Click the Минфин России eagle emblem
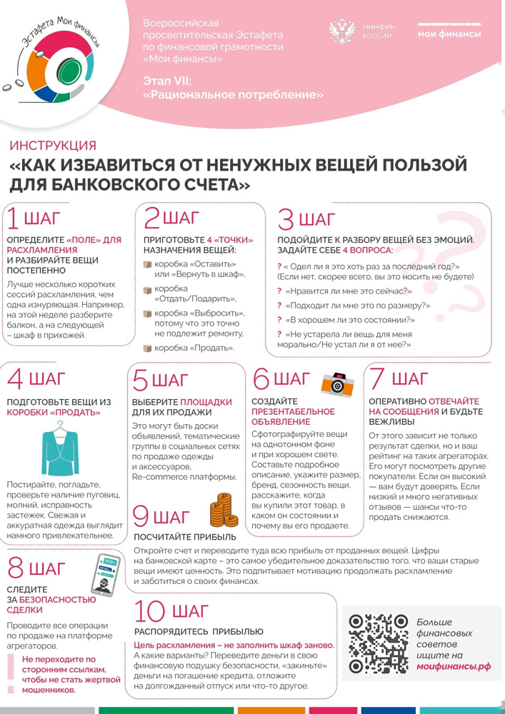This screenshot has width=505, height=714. pyautogui.click(x=342, y=33)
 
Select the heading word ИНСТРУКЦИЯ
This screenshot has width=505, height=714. pyautogui.click(x=53, y=146)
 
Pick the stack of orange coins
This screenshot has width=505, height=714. pyautogui.click(x=221, y=511)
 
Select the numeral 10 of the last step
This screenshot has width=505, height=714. pyautogui.click(x=150, y=612)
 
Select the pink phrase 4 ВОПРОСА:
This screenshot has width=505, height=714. pyautogui.click(x=367, y=251)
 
